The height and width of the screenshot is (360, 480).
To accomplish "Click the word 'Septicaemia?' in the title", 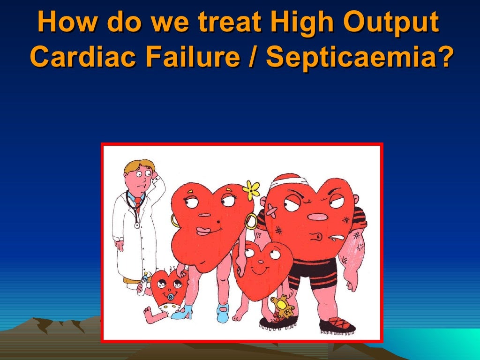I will pos(361,58).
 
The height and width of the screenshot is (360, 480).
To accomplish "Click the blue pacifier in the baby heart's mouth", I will pos(171,296).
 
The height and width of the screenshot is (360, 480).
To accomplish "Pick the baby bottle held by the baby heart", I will pos(144,283).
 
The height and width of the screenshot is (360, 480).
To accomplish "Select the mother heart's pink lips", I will pos(203,231).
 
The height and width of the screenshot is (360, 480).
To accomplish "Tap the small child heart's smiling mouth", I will pos(260,270).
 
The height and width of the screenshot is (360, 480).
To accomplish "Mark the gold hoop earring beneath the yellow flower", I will pos(251,220).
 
